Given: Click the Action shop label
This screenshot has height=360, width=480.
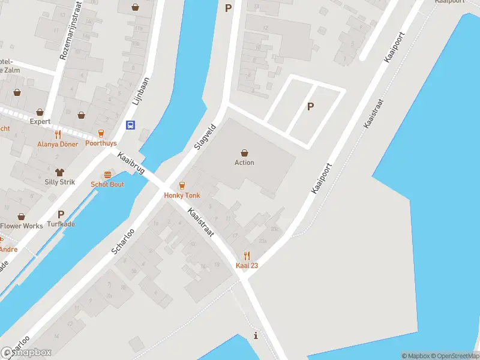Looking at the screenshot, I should click(244, 163).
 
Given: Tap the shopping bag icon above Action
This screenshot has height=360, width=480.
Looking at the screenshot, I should click(244, 152).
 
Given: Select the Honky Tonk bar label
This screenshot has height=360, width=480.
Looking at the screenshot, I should click(182, 196).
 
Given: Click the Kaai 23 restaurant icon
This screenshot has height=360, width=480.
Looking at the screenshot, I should click(247, 256).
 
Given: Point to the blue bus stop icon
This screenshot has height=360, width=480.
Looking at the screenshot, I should click(130, 125).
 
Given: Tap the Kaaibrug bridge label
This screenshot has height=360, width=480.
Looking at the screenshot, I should click(131, 163).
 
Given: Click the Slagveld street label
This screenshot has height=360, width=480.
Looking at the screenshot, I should click(205, 137).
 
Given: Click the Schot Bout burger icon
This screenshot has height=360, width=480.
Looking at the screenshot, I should click(107, 175).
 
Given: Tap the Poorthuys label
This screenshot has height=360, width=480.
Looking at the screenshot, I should click(100, 144).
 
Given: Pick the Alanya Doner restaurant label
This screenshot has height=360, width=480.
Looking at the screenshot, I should click(58, 144).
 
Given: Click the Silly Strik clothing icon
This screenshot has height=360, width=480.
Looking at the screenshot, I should click(59, 172).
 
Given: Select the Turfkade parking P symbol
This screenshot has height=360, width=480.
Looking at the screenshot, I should click(61, 214).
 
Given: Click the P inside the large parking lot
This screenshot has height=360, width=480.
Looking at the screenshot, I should click(310, 107).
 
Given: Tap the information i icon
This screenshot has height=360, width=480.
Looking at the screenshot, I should click(256, 335).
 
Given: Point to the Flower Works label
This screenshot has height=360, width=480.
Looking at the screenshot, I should click(22, 226).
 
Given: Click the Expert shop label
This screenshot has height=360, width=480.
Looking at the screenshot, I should click(40, 121).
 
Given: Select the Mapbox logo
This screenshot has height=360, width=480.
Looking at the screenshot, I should click(26, 352).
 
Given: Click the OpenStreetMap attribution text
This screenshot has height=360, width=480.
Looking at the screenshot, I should click(455, 356).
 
